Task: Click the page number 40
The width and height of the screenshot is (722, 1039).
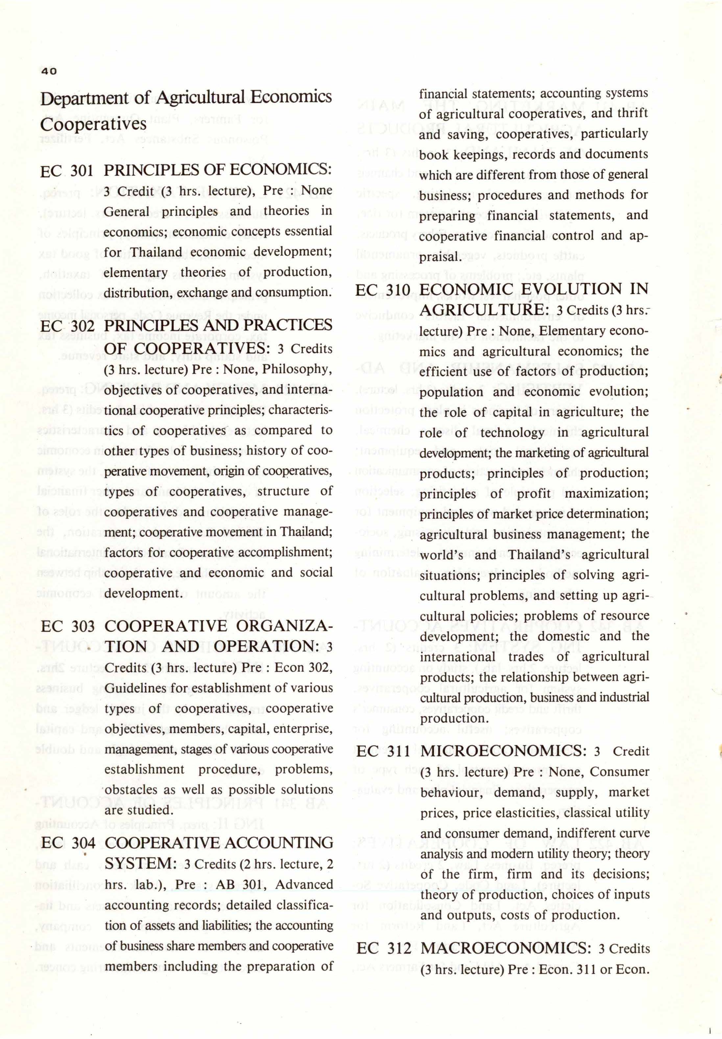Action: (x=49, y=71)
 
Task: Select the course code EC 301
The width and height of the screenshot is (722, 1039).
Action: (x=67, y=171)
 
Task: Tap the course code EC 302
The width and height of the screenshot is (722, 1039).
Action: (x=67, y=326)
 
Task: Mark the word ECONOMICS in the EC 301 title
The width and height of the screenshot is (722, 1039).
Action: (x=280, y=171)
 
